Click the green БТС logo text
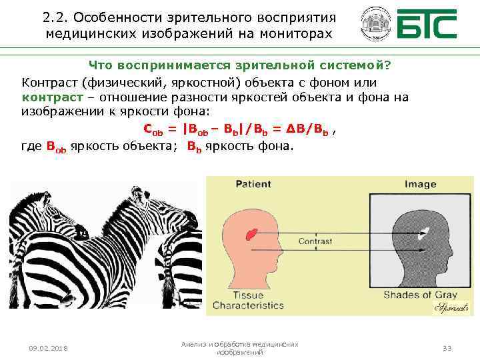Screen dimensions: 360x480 click(427, 25)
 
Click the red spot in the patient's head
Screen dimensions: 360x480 click(252, 234)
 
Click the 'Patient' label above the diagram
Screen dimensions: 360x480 click(252, 184)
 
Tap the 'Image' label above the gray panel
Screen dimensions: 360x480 click(420, 184)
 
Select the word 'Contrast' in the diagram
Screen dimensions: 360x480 click(315, 241)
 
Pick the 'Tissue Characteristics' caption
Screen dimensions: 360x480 click(248, 300)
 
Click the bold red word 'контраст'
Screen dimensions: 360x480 click(53, 97)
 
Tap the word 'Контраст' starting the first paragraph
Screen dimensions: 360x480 click(49, 83)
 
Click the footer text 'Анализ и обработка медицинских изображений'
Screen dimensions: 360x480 click(239, 348)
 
